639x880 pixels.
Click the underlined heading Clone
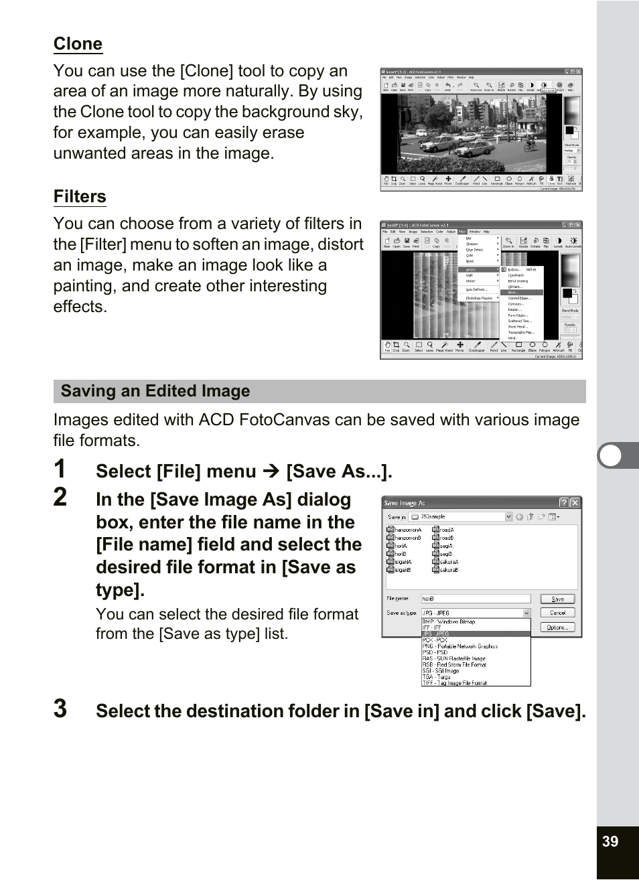click(x=78, y=44)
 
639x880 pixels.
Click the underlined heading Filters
click(x=80, y=197)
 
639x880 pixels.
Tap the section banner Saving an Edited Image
click(x=155, y=391)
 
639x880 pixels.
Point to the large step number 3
click(x=60, y=709)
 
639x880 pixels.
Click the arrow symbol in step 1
click(x=271, y=471)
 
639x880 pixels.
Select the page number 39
click(x=610, y=841)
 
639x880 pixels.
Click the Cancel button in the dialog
click(x=557, y=613)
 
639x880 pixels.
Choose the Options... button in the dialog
click(x=557, y=628)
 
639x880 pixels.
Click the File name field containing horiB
click(x=475, y=599)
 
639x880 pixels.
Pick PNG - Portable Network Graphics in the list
click(x=460, y=646)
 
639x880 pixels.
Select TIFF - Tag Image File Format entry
click(x=455, y=683)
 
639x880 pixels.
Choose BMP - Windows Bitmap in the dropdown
click(x=449, y=621)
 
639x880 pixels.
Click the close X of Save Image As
click(x=575, y=503)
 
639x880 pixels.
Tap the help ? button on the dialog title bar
click(x=564, y=503)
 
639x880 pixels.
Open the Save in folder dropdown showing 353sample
click(x=508, y=516)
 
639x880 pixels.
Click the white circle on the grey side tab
click(x=610, y=455)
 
